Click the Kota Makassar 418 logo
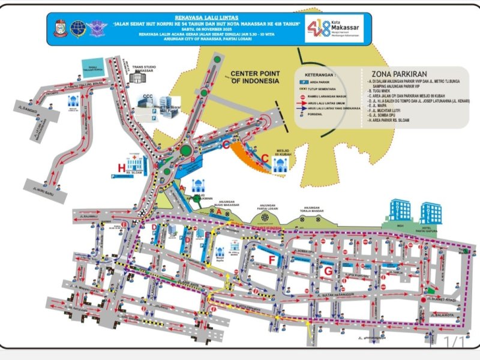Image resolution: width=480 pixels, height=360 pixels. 334,28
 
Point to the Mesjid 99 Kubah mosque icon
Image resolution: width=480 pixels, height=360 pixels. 278,164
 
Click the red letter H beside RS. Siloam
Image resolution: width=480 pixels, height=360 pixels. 122,167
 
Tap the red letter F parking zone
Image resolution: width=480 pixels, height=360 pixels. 272,260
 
